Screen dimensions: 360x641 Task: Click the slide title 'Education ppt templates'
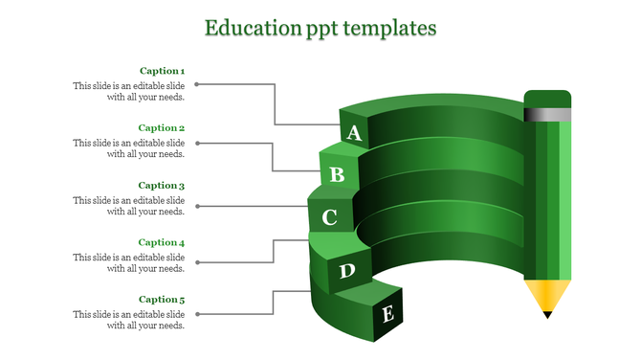point(320,28)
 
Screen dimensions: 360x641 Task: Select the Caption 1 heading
point(162,71)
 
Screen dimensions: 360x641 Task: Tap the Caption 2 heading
point(162,128)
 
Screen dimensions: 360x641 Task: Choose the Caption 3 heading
point(162,186)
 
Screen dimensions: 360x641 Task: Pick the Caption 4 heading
point(162,243)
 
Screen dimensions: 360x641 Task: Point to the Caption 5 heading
point(162,300)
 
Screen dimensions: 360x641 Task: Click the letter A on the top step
point(354,133)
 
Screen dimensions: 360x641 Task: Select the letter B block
point(337,174)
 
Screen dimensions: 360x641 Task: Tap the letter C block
point(329,218)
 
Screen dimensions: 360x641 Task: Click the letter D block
point(347,272)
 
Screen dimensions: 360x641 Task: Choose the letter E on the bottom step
point(387,313)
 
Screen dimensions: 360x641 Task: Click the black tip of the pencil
point(547,313)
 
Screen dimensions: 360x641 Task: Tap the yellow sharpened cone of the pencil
point(547,294)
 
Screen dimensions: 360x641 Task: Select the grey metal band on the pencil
point(547,115)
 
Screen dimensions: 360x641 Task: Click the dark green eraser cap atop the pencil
point(547,99)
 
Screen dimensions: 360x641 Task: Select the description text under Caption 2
point(129,148)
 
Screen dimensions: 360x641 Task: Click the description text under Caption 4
point(129,263)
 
